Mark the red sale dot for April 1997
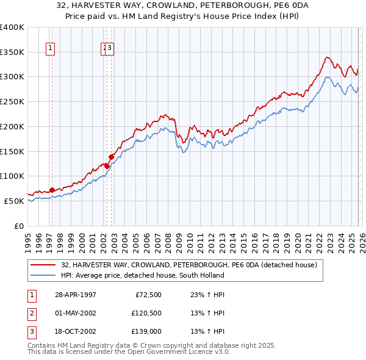click(52, 189)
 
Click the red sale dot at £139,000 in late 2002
click(112, 157)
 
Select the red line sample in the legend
click(43, 265)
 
